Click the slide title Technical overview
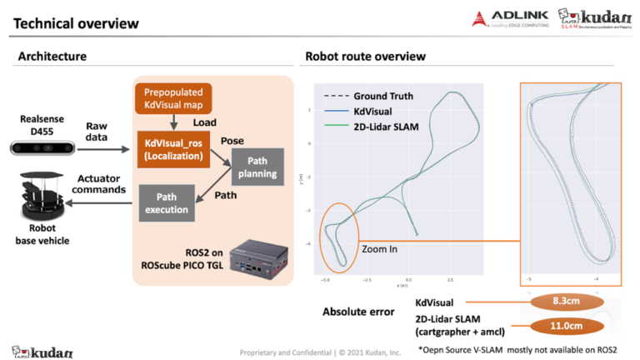[76, 23]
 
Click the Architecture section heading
[52, 57]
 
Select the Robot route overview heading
[365, 57]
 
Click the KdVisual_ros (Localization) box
[171, 147]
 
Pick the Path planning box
[258, 167]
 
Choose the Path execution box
[167, 202]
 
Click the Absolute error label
[358, 312]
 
